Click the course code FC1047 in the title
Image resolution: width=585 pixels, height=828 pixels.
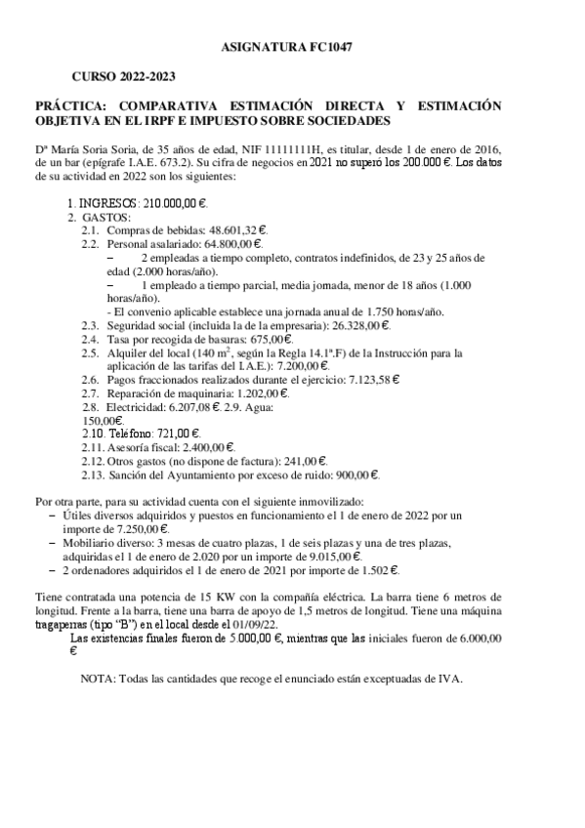coord(343,47)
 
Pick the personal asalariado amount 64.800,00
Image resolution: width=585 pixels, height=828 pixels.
coord(232,242)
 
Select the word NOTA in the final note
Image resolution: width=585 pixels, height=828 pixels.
coord(99,678)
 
